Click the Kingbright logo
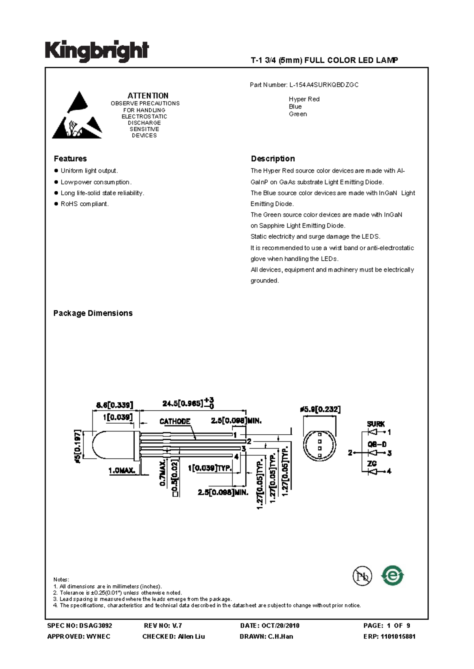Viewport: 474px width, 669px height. click(x=97, y=52)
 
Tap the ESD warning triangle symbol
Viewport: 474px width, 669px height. click(x=77, y=115)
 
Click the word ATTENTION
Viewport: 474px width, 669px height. click(x=148, y=95)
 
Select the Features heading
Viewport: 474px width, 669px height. click(x=70, y=159)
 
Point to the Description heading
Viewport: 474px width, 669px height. click(x=273, y=159)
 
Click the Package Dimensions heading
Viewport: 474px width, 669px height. click(x=93, y=313)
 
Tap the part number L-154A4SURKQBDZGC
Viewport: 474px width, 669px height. click(x=324, y=85)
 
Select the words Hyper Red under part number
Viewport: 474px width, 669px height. click(x=304, y=99)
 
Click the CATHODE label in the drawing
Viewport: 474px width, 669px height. click(x=175, y=421)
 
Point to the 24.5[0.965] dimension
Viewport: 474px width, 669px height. click(x=182, y=403)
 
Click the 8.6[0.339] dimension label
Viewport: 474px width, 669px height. click(x=115, y=405)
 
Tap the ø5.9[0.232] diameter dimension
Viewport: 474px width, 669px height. click(x=320, y=409)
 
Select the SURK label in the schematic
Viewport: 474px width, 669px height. click(x=376, y=424)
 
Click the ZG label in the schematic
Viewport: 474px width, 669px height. click(x=372, y=463)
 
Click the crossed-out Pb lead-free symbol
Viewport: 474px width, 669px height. click(x=362, y=576)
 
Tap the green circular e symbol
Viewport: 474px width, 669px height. click(x=392, y=576)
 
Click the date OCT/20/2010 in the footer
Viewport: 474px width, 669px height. click(x=280, y=626)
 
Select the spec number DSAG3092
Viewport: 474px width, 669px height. click(x=96, y=626)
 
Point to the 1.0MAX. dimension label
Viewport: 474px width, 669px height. click(x=122, y=471)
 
